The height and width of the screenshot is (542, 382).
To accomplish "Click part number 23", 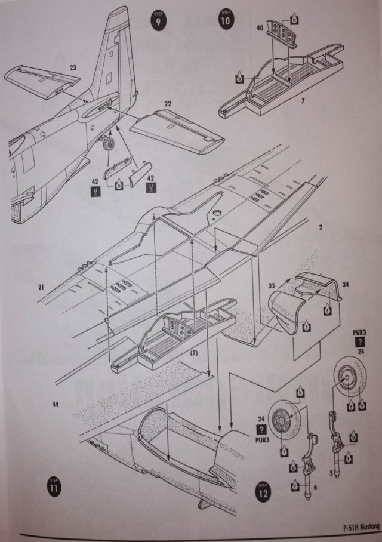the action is point(73,68).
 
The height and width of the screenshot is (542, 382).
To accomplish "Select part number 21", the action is point(41,288).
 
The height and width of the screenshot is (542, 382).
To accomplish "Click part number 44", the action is point(56,405).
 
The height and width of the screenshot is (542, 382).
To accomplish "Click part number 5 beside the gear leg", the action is point(331,473).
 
